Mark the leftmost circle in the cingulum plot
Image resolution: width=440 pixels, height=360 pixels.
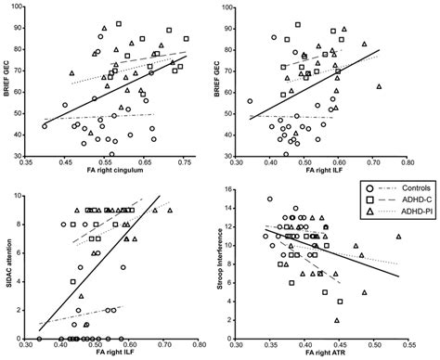pos(45,126)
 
